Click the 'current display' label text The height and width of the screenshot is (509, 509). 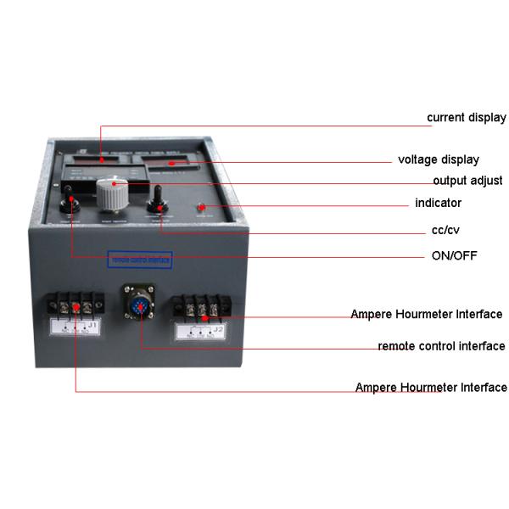pos(466,117)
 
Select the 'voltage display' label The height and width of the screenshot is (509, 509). pos(439,159)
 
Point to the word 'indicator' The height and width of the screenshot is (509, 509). pos(438,204)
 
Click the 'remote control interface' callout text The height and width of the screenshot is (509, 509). pos(441,346)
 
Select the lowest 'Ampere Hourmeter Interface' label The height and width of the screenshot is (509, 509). pos(431,388)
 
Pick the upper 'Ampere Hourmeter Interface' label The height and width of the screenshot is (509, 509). pos(427,315)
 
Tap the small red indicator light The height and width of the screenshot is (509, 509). pos(203,208)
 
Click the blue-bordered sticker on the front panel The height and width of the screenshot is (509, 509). pos(140,259)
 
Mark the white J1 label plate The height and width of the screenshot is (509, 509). pos(76,327)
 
